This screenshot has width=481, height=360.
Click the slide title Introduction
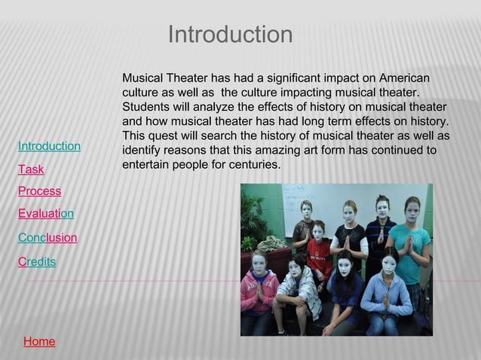click(230, 35)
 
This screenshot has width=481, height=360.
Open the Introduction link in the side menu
click(49, 146)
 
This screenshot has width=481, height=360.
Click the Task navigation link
click(31, 169)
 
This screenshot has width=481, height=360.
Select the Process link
click(39, 191)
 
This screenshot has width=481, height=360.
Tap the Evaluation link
click(46, 214)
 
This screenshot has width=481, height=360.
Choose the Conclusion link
click(47, 238)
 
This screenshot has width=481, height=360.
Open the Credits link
click(36, 261)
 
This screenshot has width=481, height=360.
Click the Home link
click(39, 342)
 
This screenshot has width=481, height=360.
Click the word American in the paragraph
click(405, 78)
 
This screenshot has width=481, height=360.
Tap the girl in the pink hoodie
click(259, 290)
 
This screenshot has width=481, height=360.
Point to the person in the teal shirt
click(411, 241)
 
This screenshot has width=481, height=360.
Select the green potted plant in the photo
click(253, 218)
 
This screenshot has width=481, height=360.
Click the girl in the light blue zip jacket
click(386, 294)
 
